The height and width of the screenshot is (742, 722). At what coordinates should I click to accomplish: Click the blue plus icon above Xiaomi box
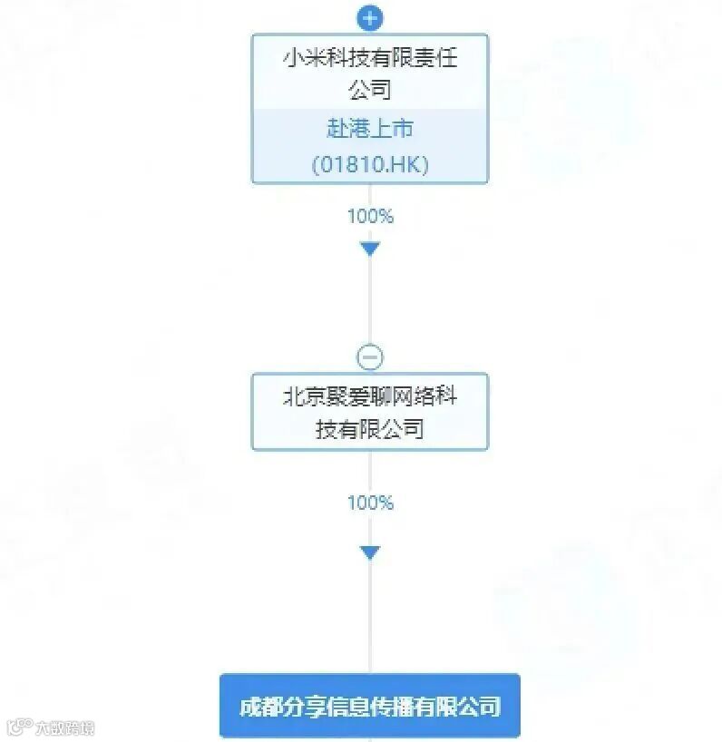369,17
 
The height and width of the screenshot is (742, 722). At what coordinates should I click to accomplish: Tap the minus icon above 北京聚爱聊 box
369,356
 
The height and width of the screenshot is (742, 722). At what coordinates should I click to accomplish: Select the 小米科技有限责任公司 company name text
369,73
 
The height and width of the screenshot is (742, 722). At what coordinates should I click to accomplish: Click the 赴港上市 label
369,129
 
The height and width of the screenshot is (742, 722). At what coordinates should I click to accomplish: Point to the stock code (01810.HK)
369,165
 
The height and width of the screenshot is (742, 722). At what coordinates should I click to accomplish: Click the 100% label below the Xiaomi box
369,216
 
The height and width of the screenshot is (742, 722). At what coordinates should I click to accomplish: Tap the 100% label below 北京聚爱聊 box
369,503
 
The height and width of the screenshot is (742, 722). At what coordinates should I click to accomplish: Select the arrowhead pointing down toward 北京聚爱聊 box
369,249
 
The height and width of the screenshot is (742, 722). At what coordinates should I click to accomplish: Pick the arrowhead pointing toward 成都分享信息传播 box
369,552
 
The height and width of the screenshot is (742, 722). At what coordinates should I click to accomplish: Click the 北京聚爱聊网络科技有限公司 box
369,411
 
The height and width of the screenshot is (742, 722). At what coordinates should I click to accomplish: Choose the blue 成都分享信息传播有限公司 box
369,706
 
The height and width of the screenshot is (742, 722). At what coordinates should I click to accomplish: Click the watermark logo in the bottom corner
50,727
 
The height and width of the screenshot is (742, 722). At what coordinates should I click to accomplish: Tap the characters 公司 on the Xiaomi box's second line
369,91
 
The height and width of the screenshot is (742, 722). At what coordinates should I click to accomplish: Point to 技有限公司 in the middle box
369,428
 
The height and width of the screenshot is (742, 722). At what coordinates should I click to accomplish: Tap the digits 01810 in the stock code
348,165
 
